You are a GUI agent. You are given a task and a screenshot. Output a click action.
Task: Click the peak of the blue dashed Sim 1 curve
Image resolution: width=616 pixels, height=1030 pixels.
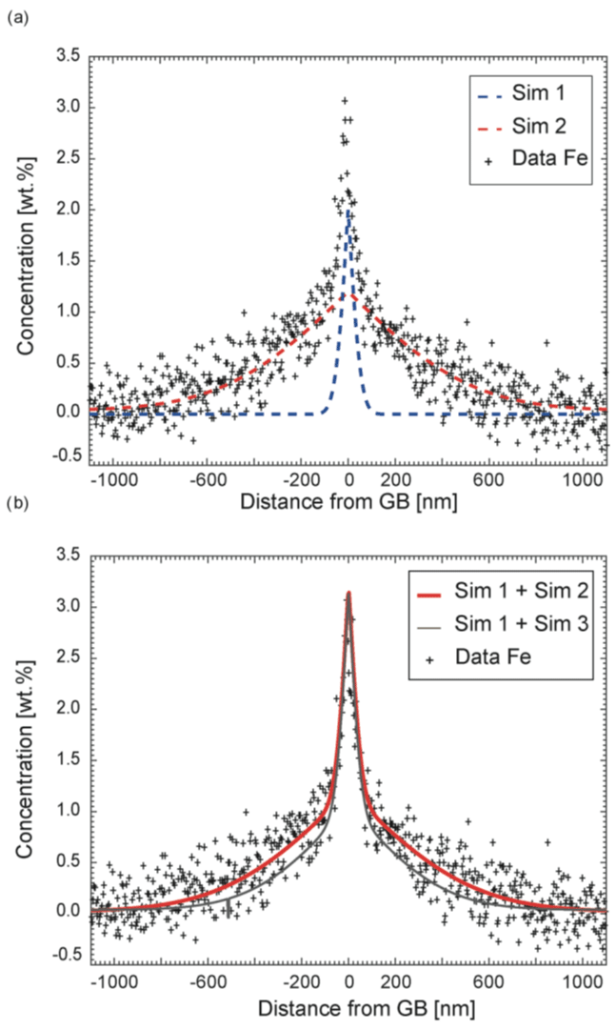(x=349, y=212)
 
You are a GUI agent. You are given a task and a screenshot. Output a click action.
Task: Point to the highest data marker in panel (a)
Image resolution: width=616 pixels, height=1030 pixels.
(x=345, y=100)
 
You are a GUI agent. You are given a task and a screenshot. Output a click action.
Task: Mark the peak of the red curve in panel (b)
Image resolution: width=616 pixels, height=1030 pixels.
(x=349, y=593)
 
